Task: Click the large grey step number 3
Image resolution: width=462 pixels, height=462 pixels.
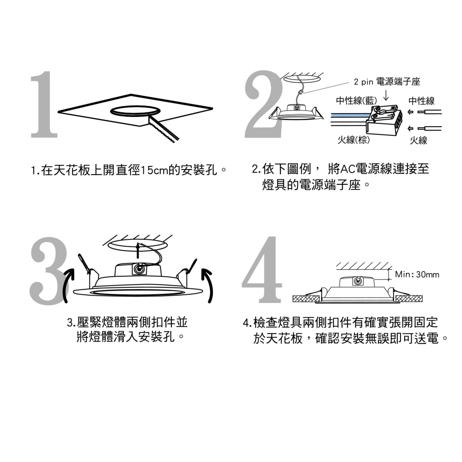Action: [48, 270]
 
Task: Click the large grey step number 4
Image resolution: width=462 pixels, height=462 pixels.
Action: [262, 271]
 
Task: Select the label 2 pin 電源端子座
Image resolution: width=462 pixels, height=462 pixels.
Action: [387, 82]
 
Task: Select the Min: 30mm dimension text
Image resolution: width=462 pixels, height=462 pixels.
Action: [417, 274]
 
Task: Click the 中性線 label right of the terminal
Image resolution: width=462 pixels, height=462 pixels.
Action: [421, 101]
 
